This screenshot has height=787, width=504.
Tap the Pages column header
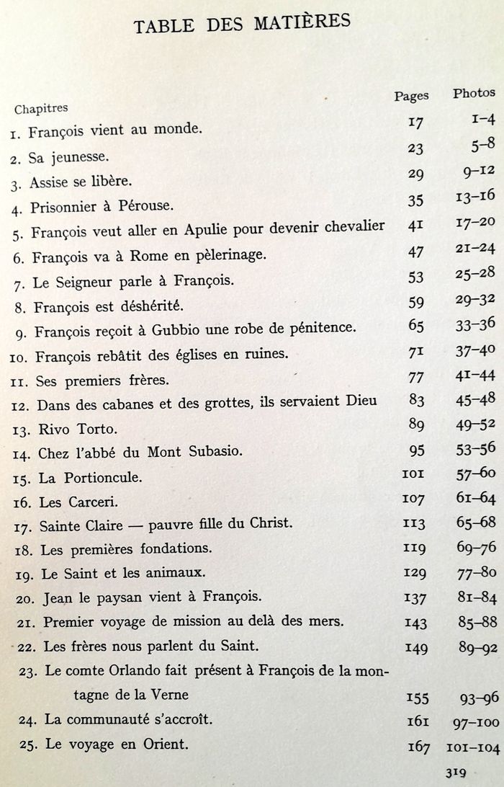coord(412,95)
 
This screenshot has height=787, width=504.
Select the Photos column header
coord(474,92)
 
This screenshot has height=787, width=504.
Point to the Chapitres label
coord(41,109)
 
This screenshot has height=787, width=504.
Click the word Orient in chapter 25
coord(165,744)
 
